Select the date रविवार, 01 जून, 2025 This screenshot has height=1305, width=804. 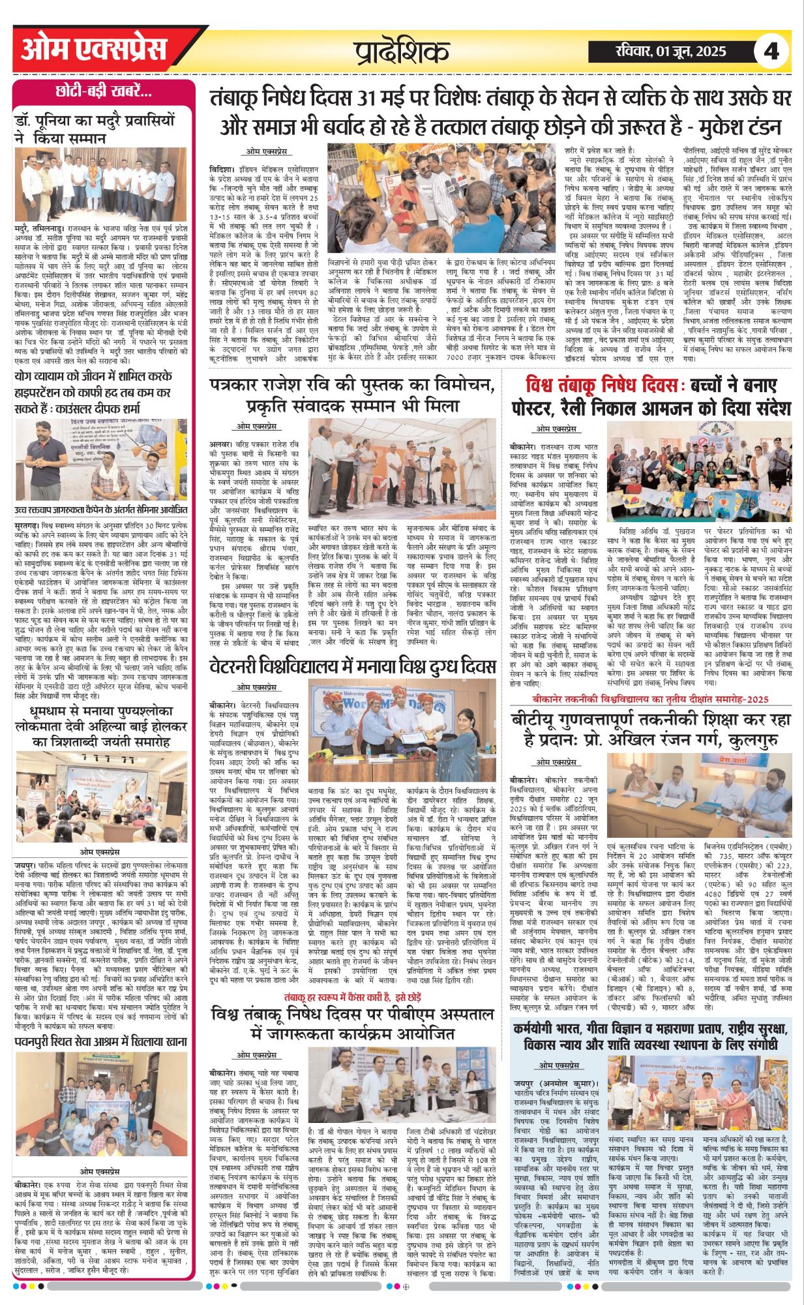(x=671, y=52)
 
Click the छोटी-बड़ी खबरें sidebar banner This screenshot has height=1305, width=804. (x=104, y=92)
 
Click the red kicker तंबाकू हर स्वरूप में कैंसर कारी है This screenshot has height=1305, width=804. (x=352, y=996)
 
